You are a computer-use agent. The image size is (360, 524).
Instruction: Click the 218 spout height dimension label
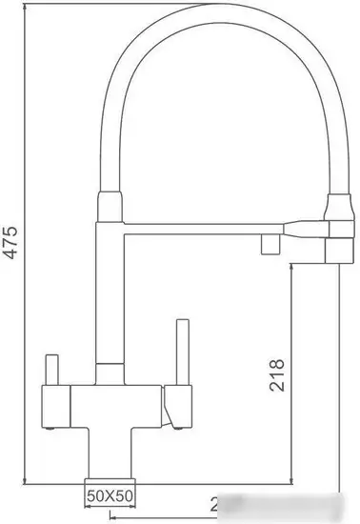(x=274, y=375)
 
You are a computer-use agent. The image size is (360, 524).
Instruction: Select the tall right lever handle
(x=178, y=350)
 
